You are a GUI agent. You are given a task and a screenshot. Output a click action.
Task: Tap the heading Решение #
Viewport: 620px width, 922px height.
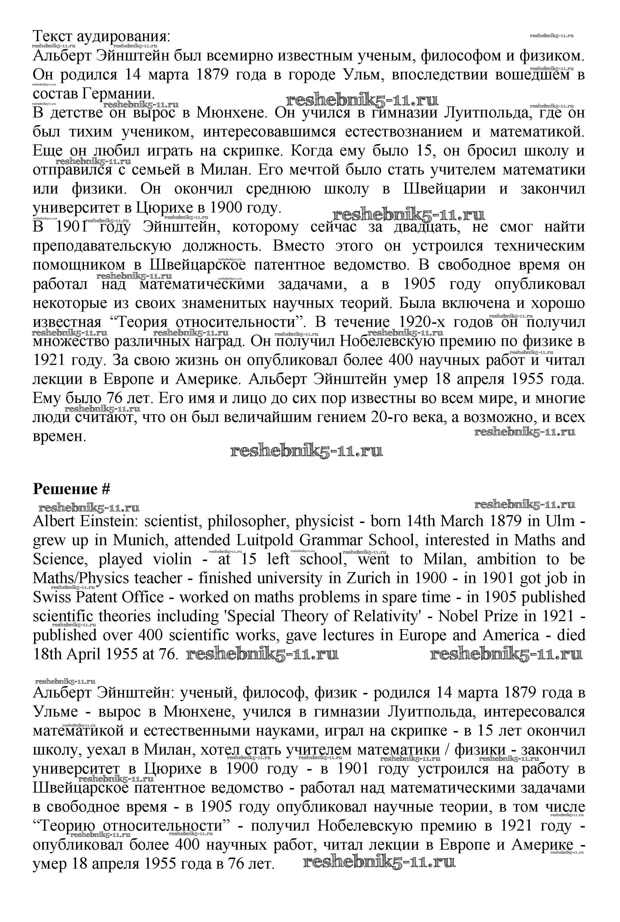(71, 489)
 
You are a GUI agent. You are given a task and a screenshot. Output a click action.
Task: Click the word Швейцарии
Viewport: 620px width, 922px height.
(444, 189)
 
